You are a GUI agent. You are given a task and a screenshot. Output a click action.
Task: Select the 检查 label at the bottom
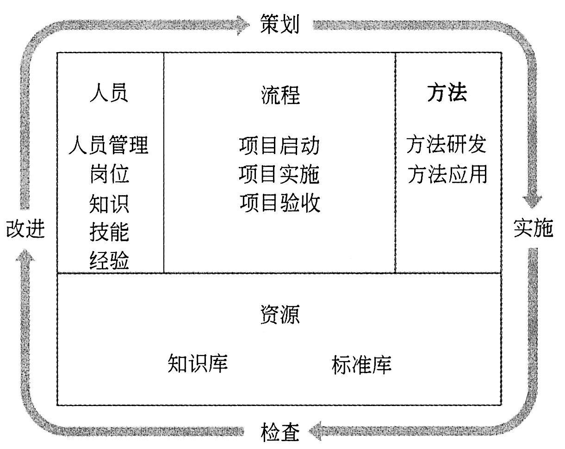click(280, 432)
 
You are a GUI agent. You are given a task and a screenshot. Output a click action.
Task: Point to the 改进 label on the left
click(26, 228)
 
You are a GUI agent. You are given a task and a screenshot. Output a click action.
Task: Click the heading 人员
click(109, 92)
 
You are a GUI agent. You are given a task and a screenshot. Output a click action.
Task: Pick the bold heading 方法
click(447, 92)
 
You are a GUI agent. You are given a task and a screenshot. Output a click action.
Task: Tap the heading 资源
click(279, 314)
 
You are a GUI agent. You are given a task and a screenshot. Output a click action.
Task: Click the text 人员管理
click(109, 145)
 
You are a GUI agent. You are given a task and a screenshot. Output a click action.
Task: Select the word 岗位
click(109, 175)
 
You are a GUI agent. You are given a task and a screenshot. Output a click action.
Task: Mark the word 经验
click(109, 261)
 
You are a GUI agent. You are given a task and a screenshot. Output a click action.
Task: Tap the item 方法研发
click(447, 144)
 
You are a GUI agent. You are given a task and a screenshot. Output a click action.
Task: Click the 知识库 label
click(198, 363)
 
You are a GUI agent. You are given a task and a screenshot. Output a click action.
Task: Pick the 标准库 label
click(361, 364)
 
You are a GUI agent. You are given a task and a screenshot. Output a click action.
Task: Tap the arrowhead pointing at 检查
click(317, 432)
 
